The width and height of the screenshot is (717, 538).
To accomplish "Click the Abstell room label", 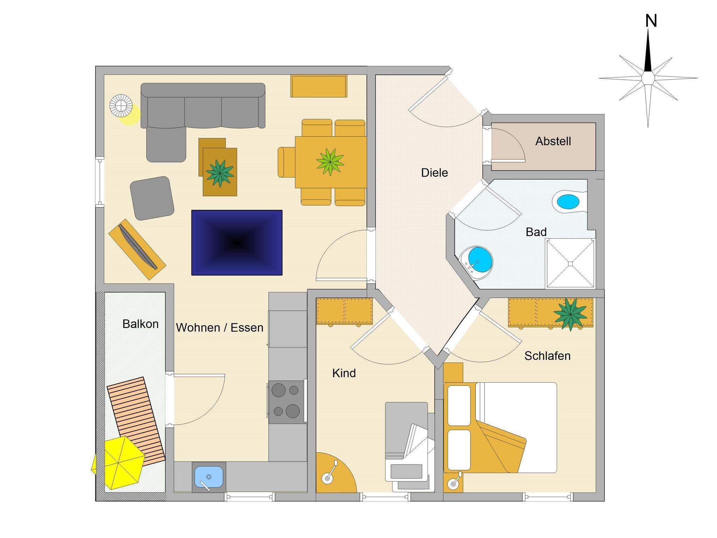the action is (553, 141).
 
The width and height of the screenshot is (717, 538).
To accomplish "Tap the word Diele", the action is (434, 172).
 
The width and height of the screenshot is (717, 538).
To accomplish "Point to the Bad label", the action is (536, 232).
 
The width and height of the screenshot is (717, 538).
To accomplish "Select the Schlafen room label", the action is (547, 356).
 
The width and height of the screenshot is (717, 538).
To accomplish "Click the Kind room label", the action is (344, 373).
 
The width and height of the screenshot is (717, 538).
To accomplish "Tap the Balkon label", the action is (140, 324).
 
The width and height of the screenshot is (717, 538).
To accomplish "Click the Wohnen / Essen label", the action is (220, 327).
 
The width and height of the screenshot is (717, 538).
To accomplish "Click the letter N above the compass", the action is (651, 21).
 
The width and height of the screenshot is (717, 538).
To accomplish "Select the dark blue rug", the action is (237, 242).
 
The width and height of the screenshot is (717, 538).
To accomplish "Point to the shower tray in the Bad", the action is (570, 263).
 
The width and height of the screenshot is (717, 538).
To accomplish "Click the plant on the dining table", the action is (330, 162).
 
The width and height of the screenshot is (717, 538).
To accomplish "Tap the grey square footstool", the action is (152, 198).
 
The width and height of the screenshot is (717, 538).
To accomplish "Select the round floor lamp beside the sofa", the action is (121, 105).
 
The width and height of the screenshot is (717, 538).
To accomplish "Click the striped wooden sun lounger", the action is (136, 421).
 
